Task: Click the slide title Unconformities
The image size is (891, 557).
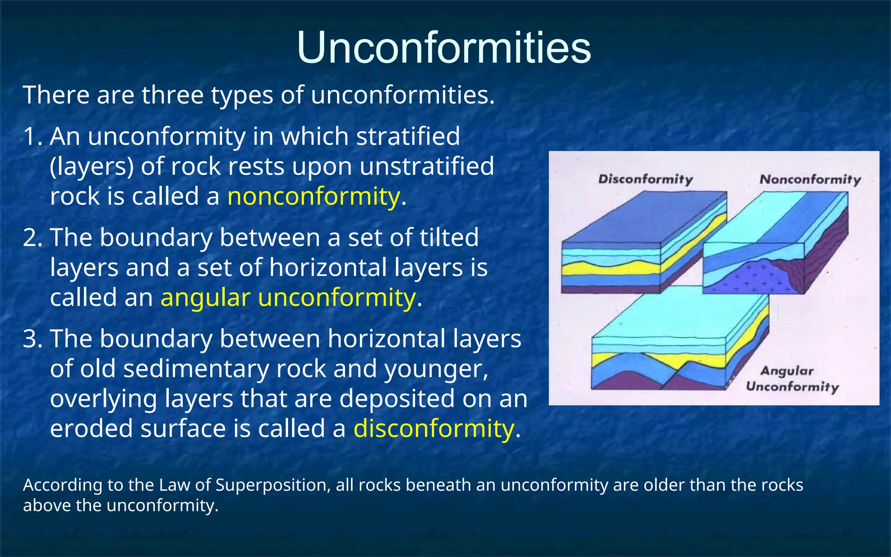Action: (444, 48)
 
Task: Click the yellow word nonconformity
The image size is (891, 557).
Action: (313, 197)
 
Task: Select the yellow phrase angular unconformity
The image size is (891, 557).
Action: (288, 298)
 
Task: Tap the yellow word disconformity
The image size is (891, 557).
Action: (434, 429)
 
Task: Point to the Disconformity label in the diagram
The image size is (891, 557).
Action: (645, 179)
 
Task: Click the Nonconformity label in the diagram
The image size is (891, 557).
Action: (810, 179)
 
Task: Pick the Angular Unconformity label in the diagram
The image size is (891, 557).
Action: (792, 379)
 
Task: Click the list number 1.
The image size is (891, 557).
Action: (31, 137)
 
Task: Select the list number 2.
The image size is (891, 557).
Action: (31, 238)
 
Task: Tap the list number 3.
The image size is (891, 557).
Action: (31, 339)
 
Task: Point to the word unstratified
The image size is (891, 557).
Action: (427, 167)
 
